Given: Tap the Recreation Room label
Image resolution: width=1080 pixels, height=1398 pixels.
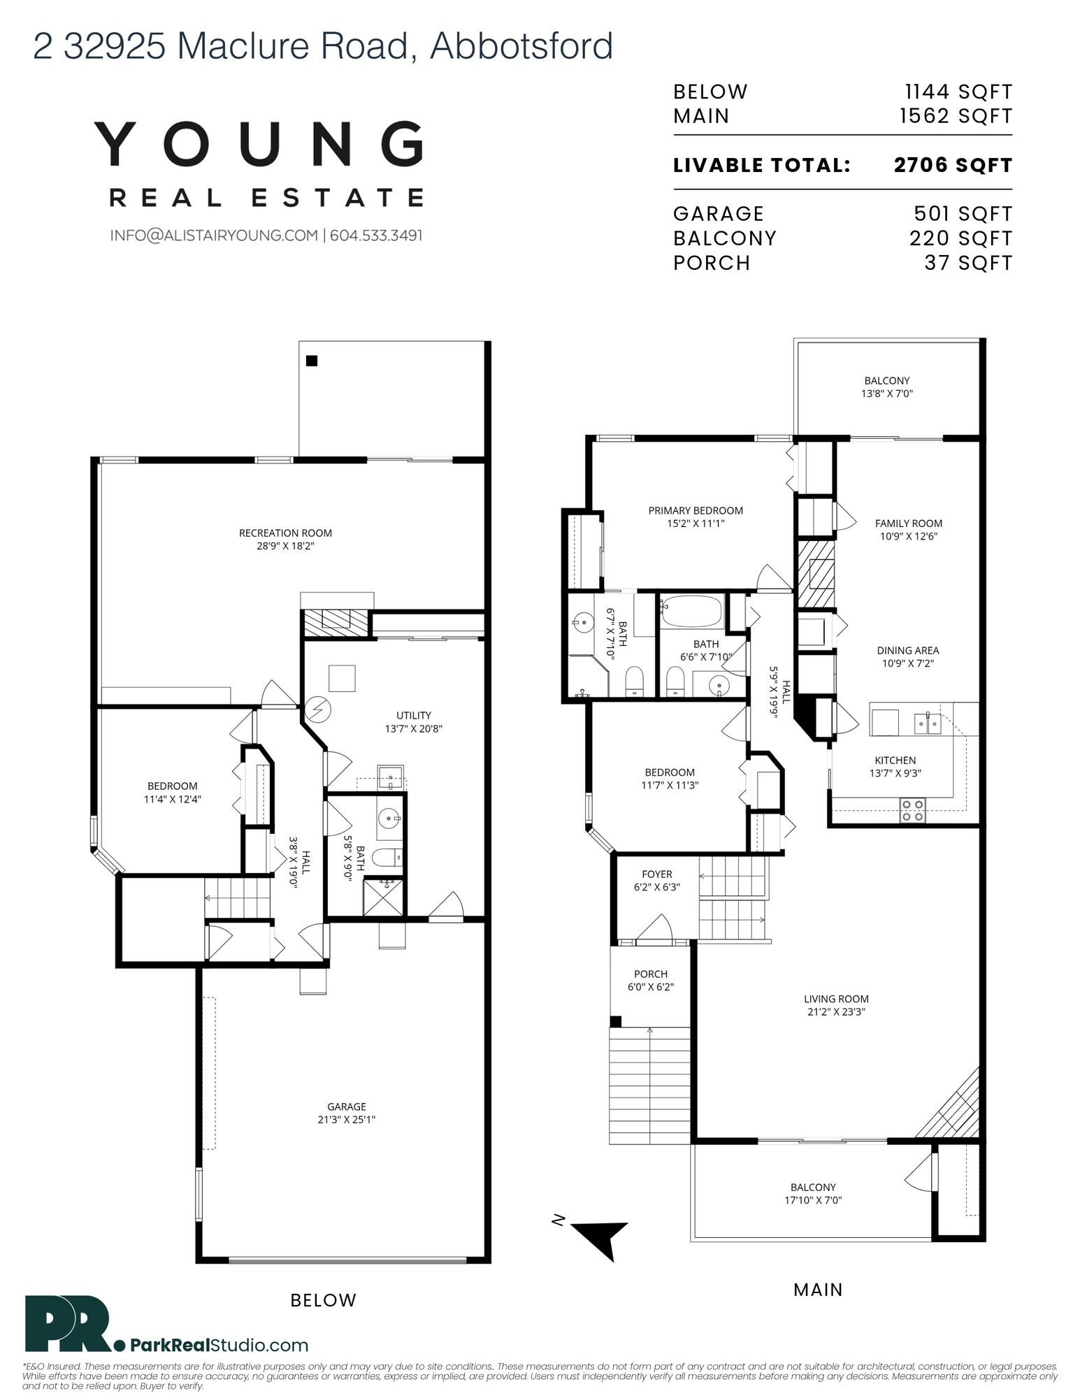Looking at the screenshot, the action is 285,533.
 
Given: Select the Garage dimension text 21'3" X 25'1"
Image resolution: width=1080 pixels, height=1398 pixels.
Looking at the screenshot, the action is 347,1119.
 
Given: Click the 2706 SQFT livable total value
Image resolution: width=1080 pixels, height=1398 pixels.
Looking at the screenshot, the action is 953,165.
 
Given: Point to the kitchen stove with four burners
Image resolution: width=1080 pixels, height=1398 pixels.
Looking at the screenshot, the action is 912,809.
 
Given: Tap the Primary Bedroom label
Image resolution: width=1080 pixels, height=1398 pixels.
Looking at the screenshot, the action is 696,510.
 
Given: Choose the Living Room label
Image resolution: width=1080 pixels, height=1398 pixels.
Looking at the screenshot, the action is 836,999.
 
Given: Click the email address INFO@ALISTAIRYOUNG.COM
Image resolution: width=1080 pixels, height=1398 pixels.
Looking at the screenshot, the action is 214,236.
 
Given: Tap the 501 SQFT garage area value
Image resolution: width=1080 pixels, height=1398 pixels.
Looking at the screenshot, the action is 963,213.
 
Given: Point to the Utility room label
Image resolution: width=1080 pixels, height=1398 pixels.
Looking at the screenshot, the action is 414,715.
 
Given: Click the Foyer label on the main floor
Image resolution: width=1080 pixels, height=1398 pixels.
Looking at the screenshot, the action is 657,874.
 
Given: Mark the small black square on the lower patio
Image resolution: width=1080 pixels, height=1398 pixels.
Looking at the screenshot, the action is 312,361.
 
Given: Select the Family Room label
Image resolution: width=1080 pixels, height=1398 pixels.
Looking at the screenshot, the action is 909,523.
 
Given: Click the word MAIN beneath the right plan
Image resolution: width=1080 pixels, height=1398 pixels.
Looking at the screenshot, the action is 819,1290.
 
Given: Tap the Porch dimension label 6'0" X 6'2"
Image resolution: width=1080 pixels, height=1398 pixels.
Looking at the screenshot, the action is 651,987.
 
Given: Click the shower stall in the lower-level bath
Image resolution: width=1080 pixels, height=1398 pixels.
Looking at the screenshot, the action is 384,895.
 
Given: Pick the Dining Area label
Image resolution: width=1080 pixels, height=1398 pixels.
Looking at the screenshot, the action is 908,650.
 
